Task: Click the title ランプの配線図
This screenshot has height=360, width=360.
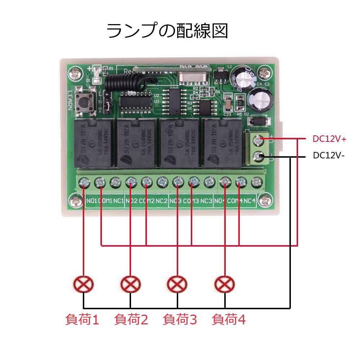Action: (167, 31)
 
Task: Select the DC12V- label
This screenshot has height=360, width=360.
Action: (329, 156)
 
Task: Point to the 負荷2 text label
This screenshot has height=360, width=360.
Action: (131, 319)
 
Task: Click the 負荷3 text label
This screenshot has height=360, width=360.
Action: (180, 319)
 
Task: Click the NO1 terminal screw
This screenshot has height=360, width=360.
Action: (84, 183)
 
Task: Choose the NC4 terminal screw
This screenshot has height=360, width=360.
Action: (255, 183)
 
